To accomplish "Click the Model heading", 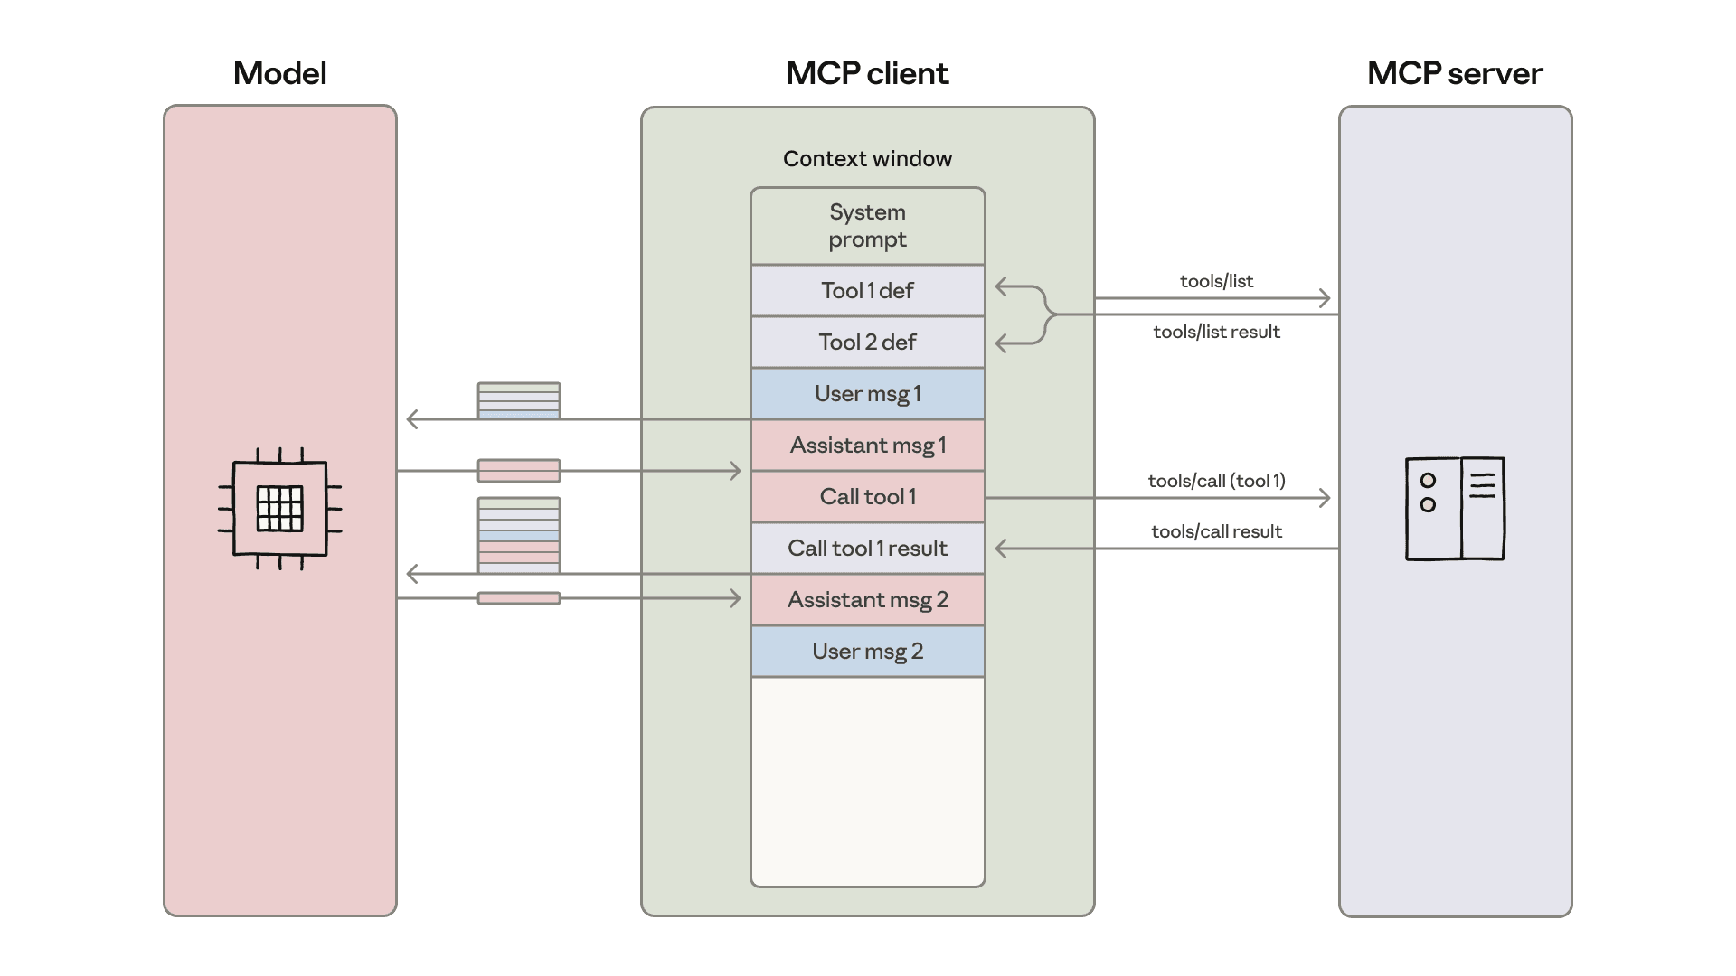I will pos(279,73).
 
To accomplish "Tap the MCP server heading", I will pos(1454,73).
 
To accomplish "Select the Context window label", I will pos(867,159).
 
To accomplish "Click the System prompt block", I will pos(867,226).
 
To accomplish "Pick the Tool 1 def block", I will pos(867,291).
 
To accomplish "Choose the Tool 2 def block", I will pos(867,343).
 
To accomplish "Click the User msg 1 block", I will pos(867,394).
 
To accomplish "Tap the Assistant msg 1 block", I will pos(867,446).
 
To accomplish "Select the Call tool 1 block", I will pos(867,497).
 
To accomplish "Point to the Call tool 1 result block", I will pos(867,549).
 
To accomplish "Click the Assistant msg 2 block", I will pos(867,600).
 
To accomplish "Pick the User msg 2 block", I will pos(867,652).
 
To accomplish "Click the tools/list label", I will pos(1216,281).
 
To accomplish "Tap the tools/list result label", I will pos(1216,332).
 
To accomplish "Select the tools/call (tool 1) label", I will pos(1216,481).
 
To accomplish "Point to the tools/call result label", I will pos(1216,531).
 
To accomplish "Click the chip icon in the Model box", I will pos(279,509).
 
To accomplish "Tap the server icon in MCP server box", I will pos(1455,509).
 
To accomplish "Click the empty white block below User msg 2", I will pos(867,782).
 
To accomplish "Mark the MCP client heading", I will pos(867,73).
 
